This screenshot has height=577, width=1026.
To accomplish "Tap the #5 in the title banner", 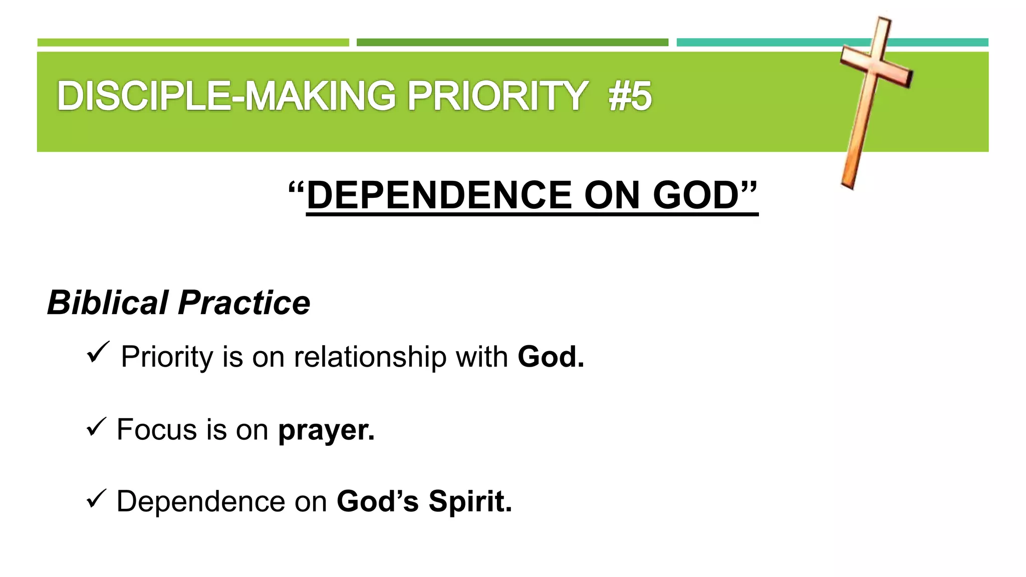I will coord(630,97).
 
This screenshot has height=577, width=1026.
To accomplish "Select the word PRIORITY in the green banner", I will coord(497,96).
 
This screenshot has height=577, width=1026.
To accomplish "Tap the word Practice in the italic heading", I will coord(244,303).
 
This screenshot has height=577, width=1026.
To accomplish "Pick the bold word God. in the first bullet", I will coord(551,357).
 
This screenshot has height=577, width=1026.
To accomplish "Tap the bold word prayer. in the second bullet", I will coord(326,430).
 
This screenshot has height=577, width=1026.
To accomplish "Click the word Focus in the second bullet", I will coord(157,430).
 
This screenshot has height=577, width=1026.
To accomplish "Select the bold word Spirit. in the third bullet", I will coord(470,501).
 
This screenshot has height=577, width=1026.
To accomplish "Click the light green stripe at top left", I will coord(193,43).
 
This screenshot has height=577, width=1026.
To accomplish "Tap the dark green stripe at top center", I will coord(512,43).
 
